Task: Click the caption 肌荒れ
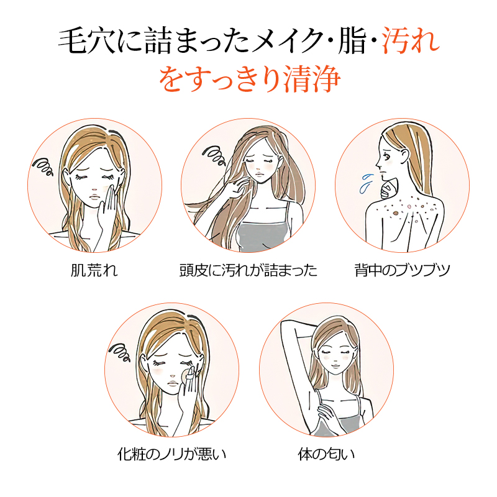coord(94,270)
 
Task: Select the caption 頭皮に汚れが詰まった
coord(248,270)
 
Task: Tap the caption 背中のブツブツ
coord(402,270)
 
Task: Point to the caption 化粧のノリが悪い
coord(171,454)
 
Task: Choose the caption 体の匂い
coord(326,454)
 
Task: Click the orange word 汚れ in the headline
coord(411,40)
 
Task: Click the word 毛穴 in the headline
coord(86,40)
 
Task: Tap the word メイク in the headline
coord(287,40)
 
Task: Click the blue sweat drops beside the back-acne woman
coord(365,183)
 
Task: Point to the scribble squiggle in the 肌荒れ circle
coord(43,166)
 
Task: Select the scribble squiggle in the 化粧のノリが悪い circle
coord(119,352)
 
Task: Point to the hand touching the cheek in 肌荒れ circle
coord(108,207)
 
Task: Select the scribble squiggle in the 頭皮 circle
coord(214,155)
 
